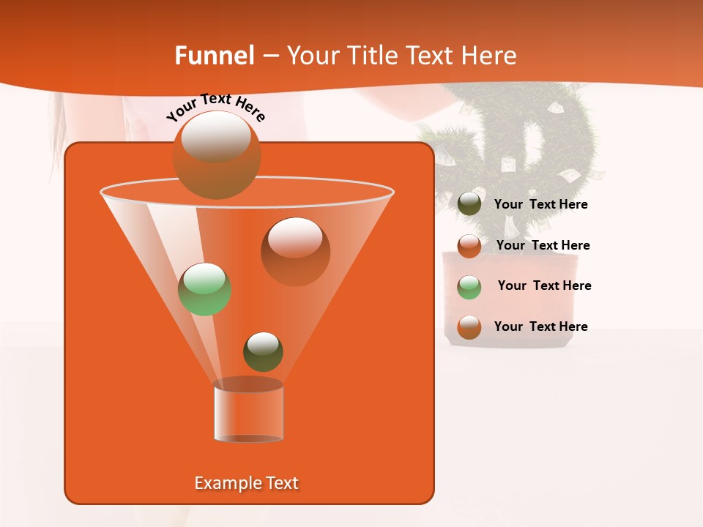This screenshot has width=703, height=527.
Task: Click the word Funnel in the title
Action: (x=214, y=56)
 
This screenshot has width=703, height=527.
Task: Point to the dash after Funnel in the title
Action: (x=269, y=56)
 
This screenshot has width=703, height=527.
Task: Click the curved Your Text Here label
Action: (x=216, y=106)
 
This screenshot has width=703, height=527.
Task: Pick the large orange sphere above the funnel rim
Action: (x=217, y=155)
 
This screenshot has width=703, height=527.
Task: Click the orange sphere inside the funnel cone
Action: (x=295, y=252)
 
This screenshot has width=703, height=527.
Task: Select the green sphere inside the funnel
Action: (x=205, y=289)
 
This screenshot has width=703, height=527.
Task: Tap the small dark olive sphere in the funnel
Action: (x=263, y=352)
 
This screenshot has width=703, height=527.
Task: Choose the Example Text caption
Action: (x=247, y=483)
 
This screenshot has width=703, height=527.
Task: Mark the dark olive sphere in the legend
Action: (x=469, y=204)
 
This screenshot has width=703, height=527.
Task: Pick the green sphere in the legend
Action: (x=469, y=287)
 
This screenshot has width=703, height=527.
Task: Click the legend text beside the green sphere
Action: (x=544, y=285)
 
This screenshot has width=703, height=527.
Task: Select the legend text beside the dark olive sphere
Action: (x=540, y=204)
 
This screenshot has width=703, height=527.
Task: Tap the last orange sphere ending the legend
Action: (x=469, y=327)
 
